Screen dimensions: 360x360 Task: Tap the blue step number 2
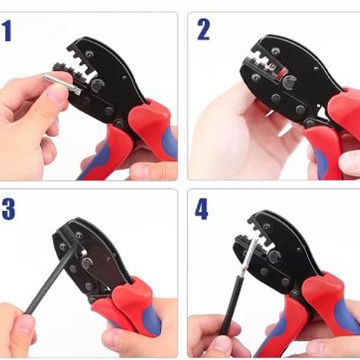coord(203,29)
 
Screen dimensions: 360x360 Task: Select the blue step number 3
coord(8,209)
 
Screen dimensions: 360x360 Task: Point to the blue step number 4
coord(202,209)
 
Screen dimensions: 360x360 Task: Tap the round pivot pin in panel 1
coord(98,85)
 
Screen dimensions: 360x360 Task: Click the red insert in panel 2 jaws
coord(282,73)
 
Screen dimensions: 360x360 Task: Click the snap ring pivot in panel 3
coord(87,263)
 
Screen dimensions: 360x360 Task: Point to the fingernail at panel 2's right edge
coord(351,164)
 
